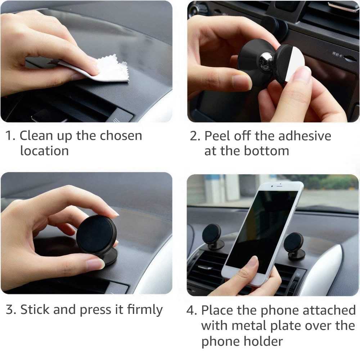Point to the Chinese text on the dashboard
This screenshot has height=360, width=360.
(339, 55)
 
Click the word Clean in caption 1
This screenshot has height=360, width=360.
(36, 136)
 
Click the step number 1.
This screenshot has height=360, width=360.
(10, 136)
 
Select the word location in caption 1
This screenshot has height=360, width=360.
(44, 151)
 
